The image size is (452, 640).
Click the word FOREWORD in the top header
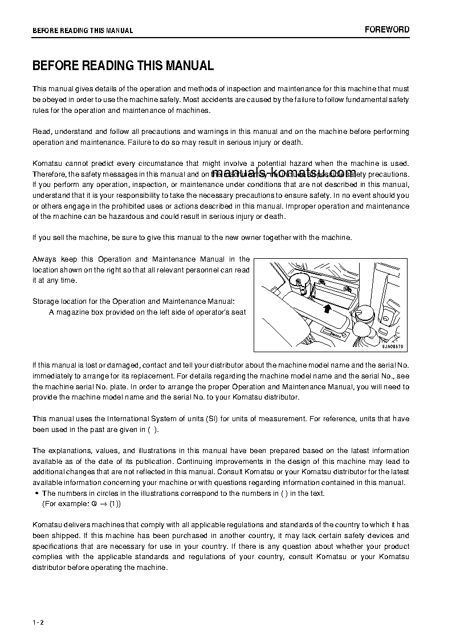coord(387,30)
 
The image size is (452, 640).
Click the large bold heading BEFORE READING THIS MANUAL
coord(123,66)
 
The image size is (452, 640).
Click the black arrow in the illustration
coord(326,308)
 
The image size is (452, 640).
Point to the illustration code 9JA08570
coord(392,347)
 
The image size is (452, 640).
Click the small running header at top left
coord(83,31)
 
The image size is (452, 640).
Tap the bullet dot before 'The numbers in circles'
coord(36,494)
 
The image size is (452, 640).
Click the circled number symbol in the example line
coord(94,504)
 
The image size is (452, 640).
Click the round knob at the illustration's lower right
coord(365,313)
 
